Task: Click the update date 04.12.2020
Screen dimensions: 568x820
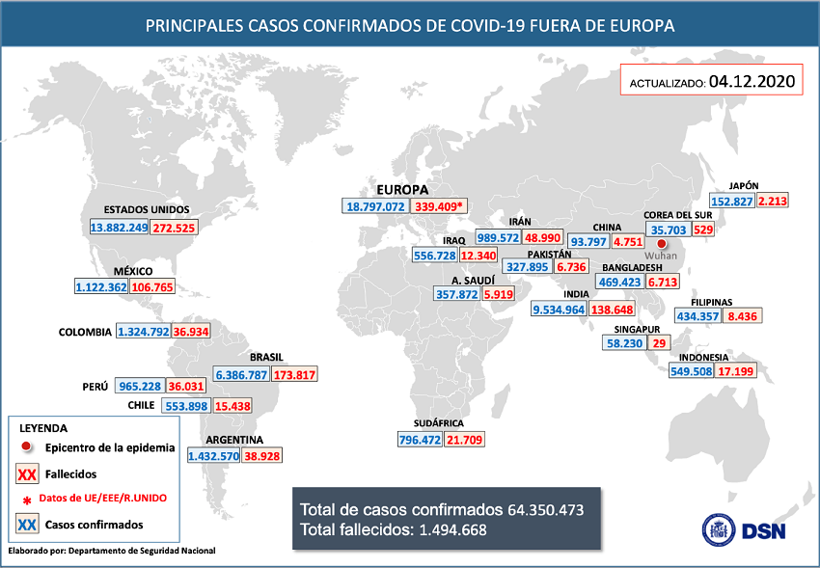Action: (x=752, y=82)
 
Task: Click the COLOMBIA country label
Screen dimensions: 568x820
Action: (x=85, y=332)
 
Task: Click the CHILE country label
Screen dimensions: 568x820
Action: (x=142, y=405)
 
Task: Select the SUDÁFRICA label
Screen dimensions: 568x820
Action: (x=438, y=423)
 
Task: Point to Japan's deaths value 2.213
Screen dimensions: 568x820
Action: (x=773, y=201)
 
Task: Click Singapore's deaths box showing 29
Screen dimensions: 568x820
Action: (x=660, y=342)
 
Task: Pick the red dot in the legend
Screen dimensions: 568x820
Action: (x=29, y=447)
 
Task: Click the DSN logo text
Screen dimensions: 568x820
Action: (x=768, y=528)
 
